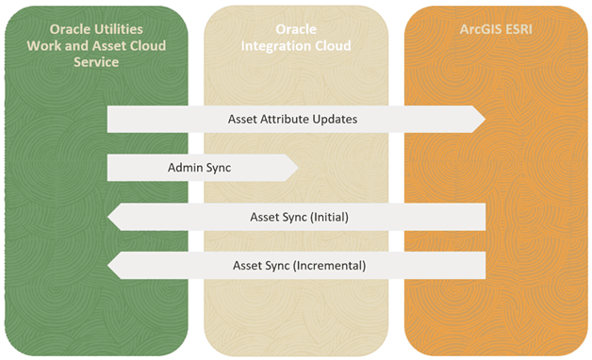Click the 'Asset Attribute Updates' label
(292, 120)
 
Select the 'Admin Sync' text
(199, 168)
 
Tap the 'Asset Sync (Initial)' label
(300, 217)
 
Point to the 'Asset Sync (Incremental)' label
(299, 265)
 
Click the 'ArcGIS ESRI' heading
(495, 29)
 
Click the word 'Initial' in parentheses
(326, 217)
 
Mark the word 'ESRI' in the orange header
(519, 29)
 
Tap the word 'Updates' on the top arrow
(336, 120)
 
